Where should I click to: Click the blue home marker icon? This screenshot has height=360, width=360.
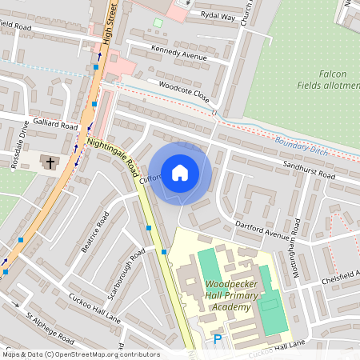(x=179, y=172)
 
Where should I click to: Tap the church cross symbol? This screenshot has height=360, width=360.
(x=50, y=162)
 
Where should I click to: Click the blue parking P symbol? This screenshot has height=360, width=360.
(x=218, y=340)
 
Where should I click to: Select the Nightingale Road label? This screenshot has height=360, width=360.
(x=113, y=155)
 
